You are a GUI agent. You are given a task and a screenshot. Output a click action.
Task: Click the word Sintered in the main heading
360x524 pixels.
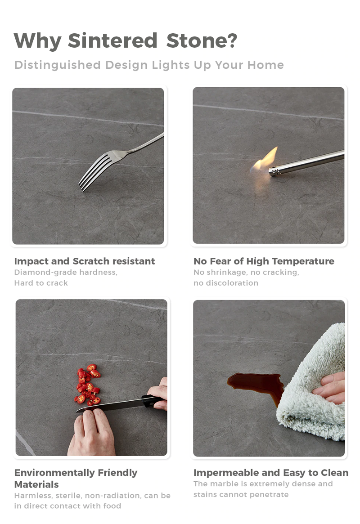click(112, 40)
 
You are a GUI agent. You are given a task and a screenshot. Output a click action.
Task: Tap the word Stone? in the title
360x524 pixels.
click(202, 40)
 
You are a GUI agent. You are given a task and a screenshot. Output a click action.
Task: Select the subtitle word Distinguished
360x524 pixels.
click(58, 65)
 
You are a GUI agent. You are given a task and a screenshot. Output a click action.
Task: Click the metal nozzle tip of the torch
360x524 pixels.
click(275, 171)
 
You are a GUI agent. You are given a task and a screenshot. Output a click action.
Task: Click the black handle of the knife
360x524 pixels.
click(154, 401)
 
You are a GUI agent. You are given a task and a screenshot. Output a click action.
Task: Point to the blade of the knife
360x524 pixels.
click(110, 405)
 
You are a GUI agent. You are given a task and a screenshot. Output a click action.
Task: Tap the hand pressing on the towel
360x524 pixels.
click(330, 388)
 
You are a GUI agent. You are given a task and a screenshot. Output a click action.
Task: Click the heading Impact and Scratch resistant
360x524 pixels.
click(85, 261)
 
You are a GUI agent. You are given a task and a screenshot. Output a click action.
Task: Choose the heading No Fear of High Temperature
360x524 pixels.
click(264, 261)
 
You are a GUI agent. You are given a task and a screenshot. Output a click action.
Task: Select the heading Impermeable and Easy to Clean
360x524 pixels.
click(271, 473)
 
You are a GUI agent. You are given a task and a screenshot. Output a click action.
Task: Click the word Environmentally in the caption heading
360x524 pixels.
click(54, 473)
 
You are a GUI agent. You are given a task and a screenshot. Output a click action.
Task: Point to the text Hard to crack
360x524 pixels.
click(41, 283)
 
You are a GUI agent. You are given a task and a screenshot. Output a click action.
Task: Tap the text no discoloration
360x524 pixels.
click(225, 283)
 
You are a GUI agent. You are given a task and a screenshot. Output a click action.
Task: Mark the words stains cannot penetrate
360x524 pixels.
click(241, 494)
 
